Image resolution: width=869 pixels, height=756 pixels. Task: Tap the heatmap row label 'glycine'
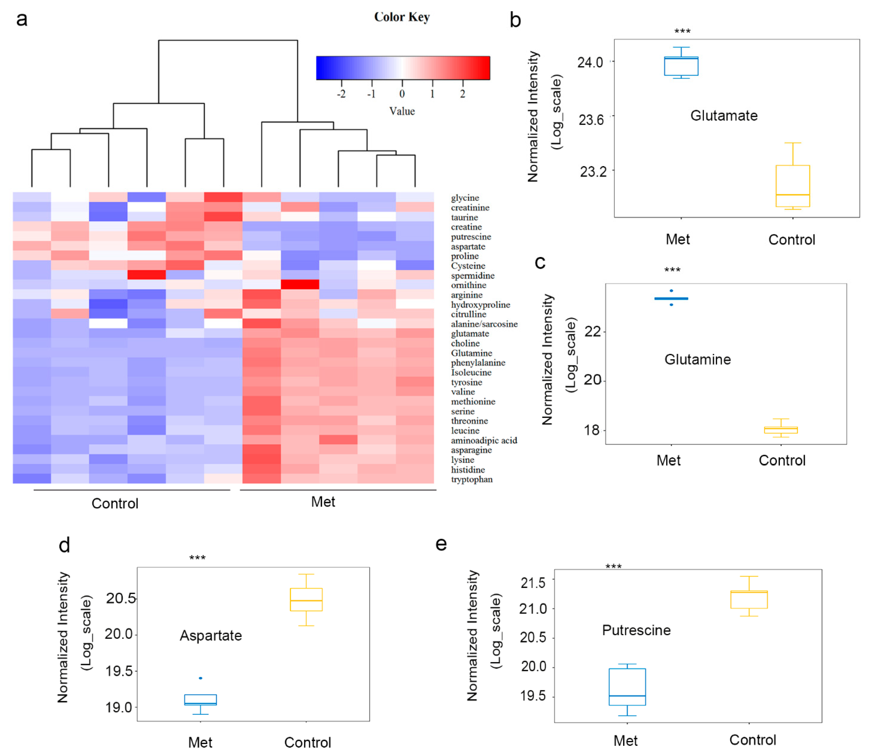(465, 198)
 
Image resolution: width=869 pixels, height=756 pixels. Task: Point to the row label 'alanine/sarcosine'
(484, 324)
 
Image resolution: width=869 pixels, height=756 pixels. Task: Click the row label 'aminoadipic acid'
(484, 440)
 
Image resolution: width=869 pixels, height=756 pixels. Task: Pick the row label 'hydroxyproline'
(480, 305)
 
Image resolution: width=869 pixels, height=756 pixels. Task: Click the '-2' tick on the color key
(341, 94)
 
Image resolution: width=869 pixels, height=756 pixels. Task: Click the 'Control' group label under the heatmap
(115, 503)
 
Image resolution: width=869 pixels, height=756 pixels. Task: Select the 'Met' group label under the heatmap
(323, 502)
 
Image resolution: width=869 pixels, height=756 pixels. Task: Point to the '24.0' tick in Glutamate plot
(590, 63)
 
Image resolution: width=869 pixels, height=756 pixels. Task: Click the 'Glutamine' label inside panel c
(697, 359)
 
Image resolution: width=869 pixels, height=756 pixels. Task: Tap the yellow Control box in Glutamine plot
(781, 430)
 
